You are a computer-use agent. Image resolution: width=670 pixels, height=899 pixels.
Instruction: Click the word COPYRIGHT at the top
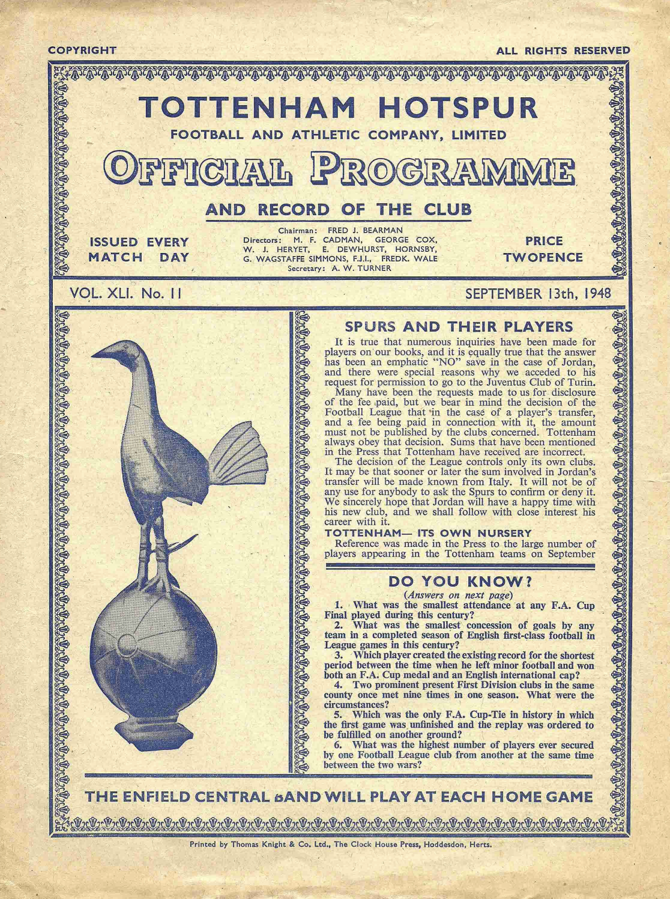82,50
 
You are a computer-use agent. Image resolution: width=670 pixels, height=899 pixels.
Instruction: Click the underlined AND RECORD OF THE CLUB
339,210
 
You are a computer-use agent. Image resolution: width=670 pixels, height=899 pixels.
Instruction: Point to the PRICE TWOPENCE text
544,249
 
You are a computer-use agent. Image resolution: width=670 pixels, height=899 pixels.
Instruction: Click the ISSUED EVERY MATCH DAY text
139,249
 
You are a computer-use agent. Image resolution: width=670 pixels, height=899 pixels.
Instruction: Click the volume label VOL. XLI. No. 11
126,294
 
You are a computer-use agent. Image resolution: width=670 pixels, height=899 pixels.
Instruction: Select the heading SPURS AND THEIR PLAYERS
459,327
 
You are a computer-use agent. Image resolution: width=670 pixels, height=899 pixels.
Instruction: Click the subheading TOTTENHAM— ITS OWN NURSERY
428,533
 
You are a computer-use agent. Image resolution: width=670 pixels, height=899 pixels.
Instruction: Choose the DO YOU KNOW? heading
460,581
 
